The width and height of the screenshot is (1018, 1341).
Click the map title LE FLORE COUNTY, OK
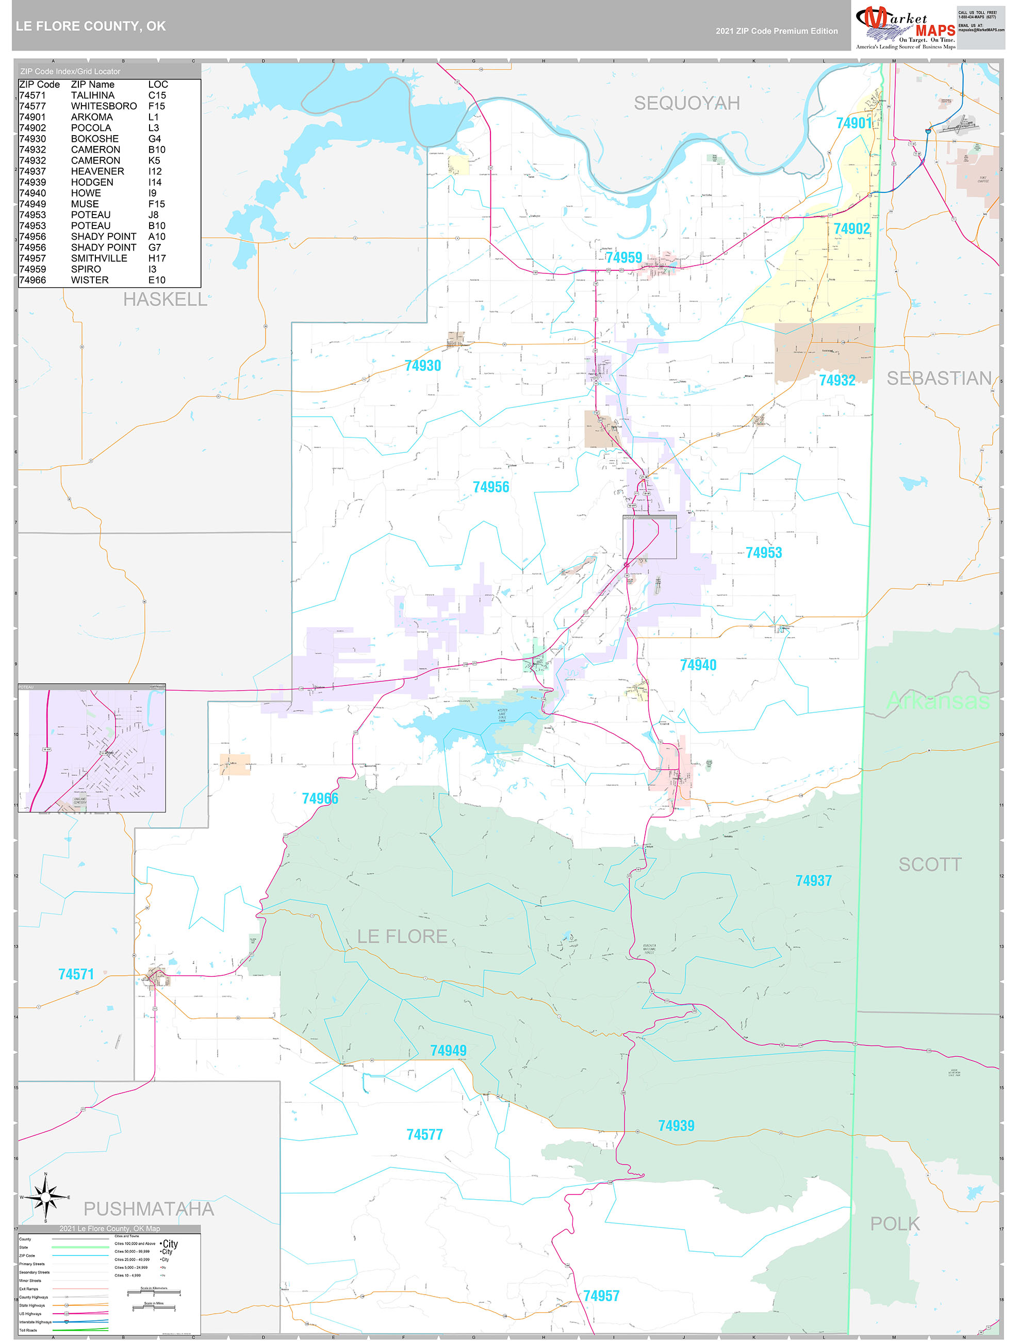[91, 26]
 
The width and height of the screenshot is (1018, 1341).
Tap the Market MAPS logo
[906, 26]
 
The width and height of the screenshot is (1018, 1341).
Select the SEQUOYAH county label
[686, 103]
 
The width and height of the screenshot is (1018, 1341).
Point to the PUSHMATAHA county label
[149, 1208]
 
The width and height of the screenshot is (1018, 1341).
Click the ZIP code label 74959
[623, 258]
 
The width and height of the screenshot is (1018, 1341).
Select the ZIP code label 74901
[853, 123]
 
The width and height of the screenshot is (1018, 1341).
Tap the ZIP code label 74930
[422, 366]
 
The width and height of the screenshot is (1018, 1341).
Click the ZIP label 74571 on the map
[76, 974]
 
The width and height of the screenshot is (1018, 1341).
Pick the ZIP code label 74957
[601, 1296]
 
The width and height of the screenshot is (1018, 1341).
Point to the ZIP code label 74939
[676, 1125]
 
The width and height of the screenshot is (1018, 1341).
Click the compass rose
[45, 1197]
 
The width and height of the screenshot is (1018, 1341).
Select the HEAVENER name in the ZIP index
[97, 172]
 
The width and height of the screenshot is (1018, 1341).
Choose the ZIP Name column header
[92, 84]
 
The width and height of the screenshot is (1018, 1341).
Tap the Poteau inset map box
[92, 748]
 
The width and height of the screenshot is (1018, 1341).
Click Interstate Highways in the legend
[35, 1321]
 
